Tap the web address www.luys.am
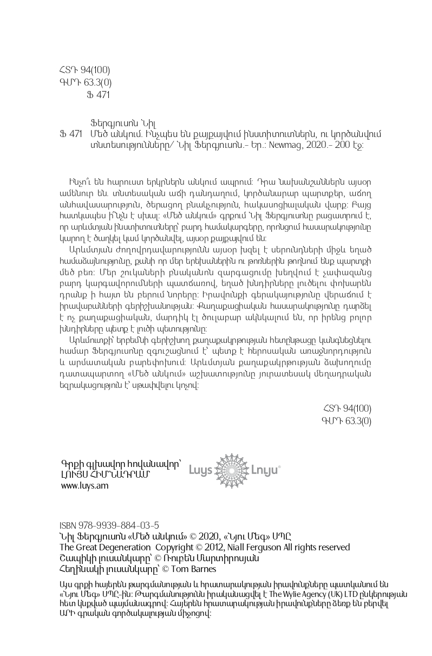(x=85, y=486)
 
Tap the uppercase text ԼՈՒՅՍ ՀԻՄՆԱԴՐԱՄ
(x=106, y=475)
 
